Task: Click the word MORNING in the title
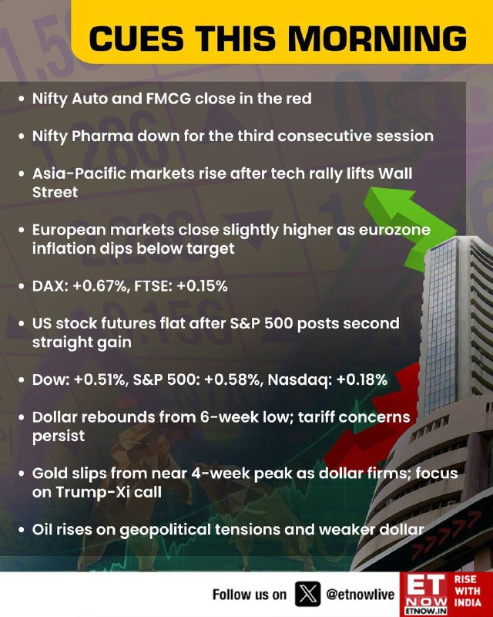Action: click(377, 39)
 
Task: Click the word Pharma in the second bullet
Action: click(102, 137)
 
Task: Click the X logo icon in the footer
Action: click(307, 594)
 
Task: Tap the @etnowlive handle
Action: click(360, 594)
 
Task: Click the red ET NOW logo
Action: click(425, 594)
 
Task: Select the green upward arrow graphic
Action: click(409, 224)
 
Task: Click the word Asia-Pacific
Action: click(79, 174)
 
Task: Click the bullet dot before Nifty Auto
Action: click(22, 99)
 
